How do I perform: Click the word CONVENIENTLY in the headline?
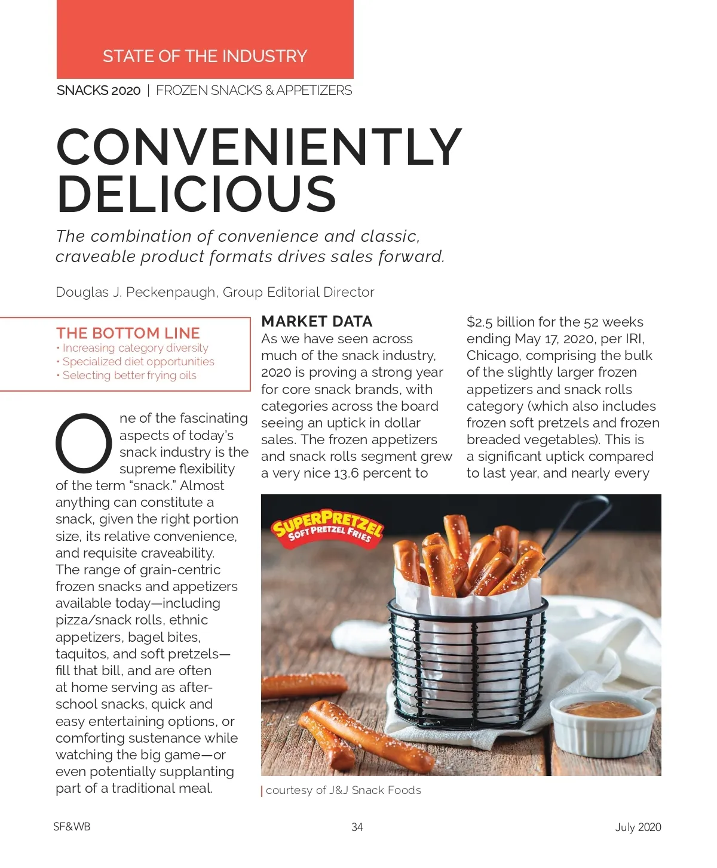259,147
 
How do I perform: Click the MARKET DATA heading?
317,322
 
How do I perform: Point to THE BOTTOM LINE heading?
128,333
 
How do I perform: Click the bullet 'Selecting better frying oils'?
129,375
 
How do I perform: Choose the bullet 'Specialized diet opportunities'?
138,362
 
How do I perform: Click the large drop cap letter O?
84,442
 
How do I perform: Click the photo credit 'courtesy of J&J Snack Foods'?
343,790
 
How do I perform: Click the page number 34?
357,827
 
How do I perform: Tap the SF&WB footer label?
72,827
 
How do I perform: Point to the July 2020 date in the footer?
638,827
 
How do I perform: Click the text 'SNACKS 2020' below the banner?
99,91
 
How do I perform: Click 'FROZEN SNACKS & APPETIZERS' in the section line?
254,91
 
